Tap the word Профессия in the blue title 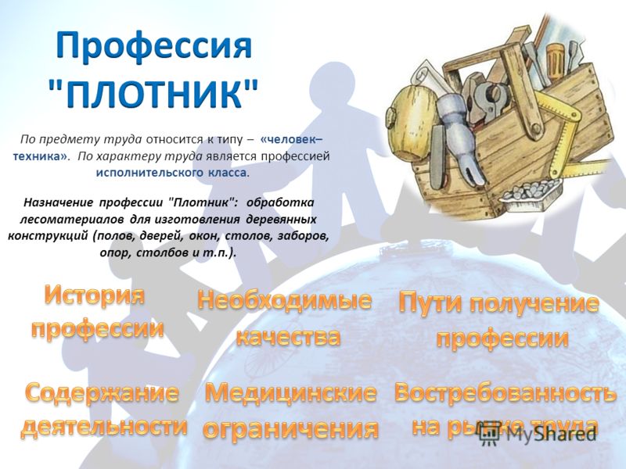(153, 47)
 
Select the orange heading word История (95, 296)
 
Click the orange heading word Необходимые (284, 300)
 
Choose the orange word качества (288, 336)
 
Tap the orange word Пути (430, 303)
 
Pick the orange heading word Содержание (103, 394)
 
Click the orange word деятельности (104, 425)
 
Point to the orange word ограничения (290, 428)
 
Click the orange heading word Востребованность (505, 394)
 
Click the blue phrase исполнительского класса (171, 173)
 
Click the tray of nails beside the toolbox (533, 192)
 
